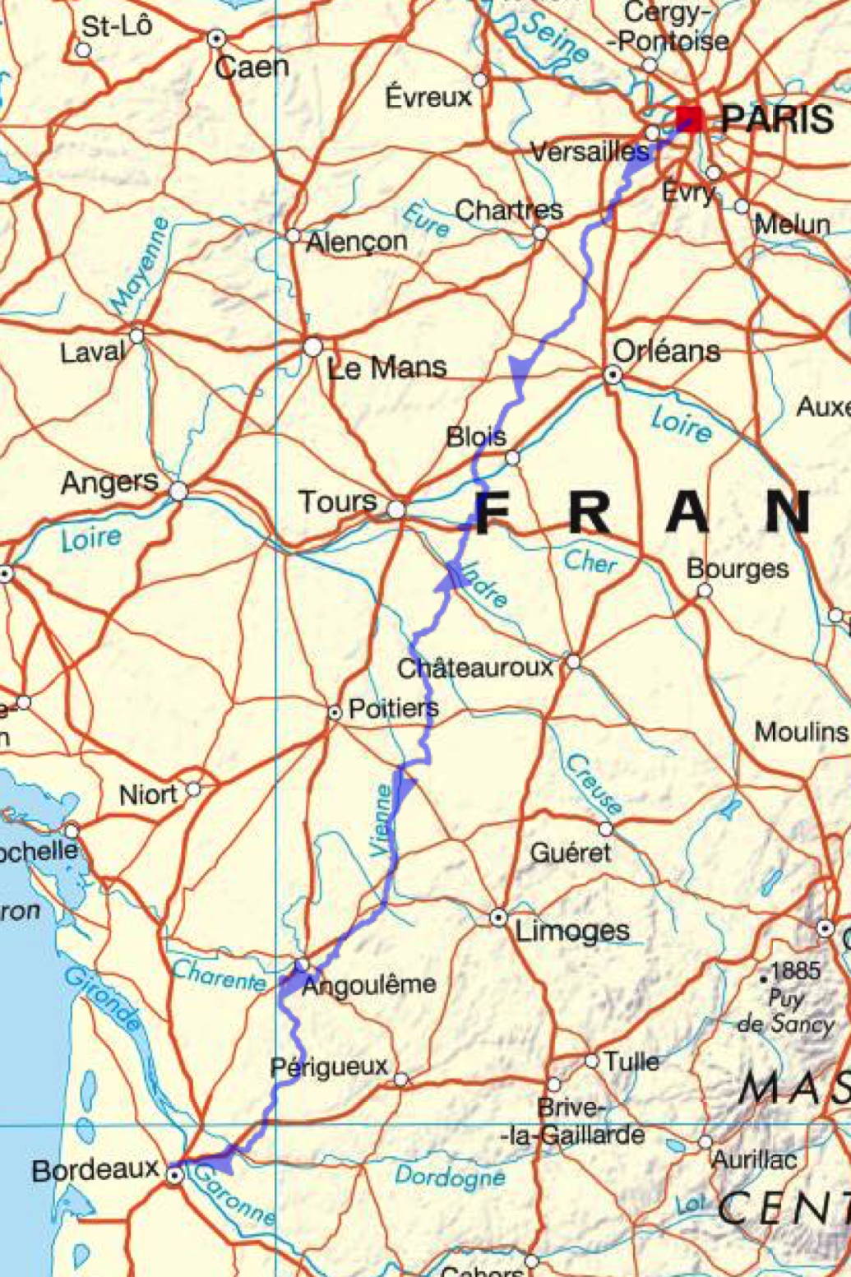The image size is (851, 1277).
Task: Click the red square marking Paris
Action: pos(689,119)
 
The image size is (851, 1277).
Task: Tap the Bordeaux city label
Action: pos(95,1169)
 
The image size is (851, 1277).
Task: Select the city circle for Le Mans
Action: pos(312,347)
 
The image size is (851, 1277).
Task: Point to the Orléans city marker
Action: pos(613,375)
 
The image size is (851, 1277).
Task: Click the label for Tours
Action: pos(337,501)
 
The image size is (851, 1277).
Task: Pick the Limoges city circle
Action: pos(498,917)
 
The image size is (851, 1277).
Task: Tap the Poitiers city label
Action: pos(393,708)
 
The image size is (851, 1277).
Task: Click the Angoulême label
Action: pos(369,984)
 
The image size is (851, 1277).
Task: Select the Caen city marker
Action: pos(216,38)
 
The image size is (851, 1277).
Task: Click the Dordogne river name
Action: pos(450,1178)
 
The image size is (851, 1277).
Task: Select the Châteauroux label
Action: pos(476,668)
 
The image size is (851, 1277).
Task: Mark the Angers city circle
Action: pos(178,492)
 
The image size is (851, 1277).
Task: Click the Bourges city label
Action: pos(738,568)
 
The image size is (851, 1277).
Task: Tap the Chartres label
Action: pos(509,210)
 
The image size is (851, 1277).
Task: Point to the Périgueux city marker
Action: pos(400,1079)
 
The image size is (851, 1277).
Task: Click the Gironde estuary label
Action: pos(103,999)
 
